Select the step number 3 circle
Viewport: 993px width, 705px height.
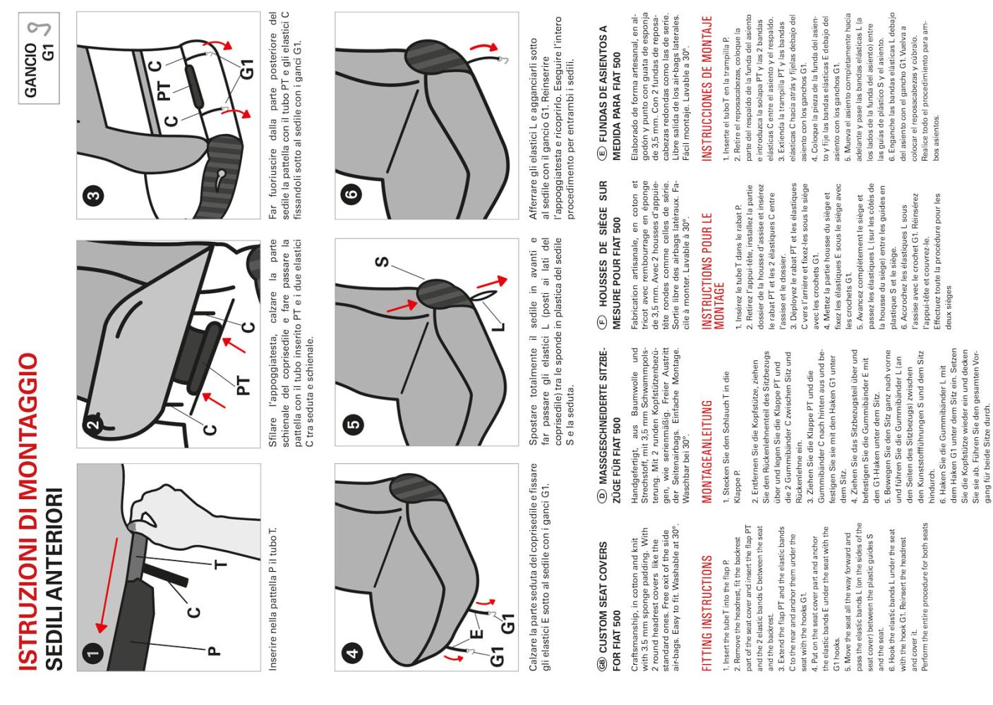(94, 195)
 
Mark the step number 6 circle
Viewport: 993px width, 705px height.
(352, 194)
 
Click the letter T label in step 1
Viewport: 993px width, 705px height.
(220, 564)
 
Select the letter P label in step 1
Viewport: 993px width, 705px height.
(214, 651)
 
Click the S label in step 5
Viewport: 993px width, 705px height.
(382, 262)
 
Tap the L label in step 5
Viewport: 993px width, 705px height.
(499, 327)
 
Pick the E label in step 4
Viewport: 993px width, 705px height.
(476, 634)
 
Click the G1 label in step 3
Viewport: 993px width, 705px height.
(247, 69)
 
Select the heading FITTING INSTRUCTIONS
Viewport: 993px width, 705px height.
(707, 613)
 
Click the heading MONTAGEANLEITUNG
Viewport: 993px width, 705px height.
(707, 452)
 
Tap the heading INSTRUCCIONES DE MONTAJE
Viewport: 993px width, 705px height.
(707, 89)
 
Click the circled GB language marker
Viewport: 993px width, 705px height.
(603, 664)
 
